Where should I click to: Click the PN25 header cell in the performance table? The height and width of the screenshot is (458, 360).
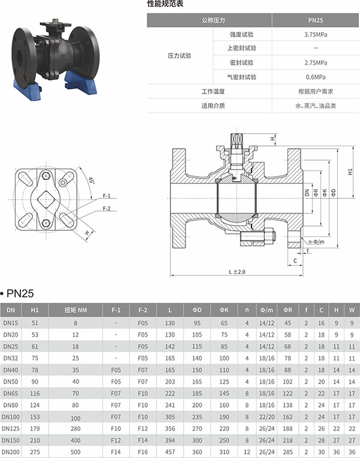(x=315, y=20)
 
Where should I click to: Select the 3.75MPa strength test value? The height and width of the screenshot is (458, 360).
(x=315, y=34)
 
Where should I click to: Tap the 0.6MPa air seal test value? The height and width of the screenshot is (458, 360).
(x=315, y=77)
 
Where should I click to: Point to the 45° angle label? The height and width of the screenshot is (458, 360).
(x=91, y=180)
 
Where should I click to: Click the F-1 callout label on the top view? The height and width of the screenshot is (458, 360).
(x=106, y=195)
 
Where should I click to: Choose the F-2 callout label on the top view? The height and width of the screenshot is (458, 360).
(x=106, y=208)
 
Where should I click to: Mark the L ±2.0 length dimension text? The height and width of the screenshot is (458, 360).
(x=237, y=272)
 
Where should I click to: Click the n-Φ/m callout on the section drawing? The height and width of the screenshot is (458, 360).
(x=316, y=242)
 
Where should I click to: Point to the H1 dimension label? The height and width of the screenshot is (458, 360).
(x=350, y=171)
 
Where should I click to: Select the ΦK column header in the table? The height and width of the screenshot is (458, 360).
(x=224, y=310)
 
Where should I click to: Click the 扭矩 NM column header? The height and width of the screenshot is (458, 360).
(x=76, y=310)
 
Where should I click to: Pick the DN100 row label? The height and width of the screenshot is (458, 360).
(x=11, y=417)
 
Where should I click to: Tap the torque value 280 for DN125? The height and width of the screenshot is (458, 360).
(x=76, y=429)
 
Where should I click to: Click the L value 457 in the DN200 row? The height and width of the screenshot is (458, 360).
(x=170, y=452)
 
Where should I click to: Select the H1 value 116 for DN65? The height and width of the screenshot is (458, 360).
(x=35, y=393)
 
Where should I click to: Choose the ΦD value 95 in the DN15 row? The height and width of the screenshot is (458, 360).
(x=197, y=323)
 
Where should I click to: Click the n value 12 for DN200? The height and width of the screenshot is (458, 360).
(x=247, y=452)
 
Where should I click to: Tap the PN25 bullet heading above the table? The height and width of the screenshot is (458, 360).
(x=17, y=293)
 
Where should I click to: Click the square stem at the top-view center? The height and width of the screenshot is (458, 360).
(x=46, y=200)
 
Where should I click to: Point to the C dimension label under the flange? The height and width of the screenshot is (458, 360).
(x=295, y=261)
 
